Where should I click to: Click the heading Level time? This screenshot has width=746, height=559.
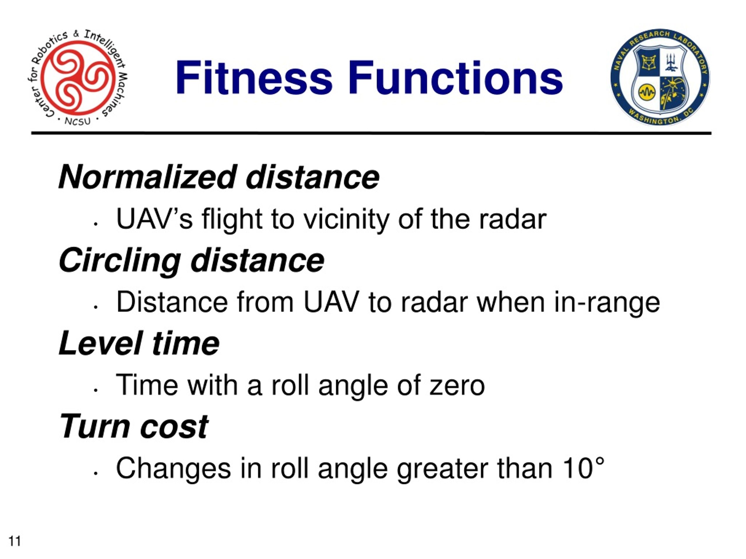click(139, 343)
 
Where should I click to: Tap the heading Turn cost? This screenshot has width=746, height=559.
click(134, 427)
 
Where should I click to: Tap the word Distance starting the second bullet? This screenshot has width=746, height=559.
click(172, 302)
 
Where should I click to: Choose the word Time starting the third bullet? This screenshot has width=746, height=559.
click(147, 385)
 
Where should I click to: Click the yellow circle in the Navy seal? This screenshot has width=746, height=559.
click(647, 92)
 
